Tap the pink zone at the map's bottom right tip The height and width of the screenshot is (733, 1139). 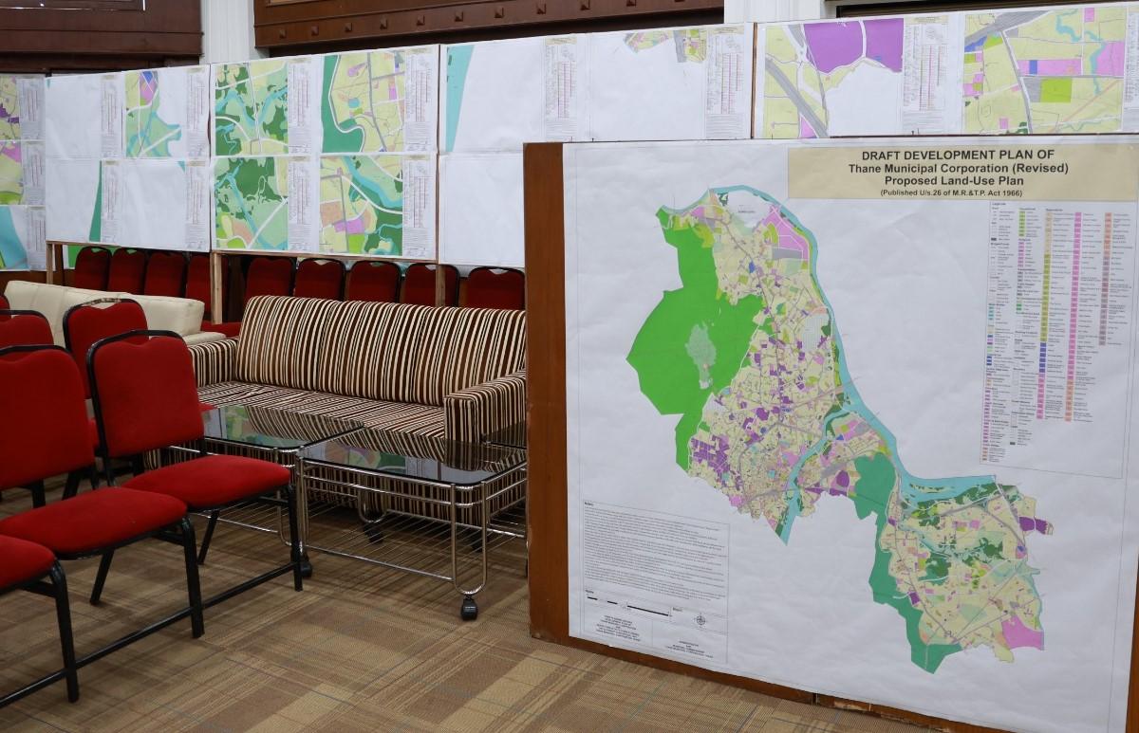(x=1021, y=631)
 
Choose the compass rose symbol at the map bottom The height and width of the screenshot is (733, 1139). (x=700, y=620)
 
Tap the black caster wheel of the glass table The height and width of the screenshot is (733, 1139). (x=469, y=608)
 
